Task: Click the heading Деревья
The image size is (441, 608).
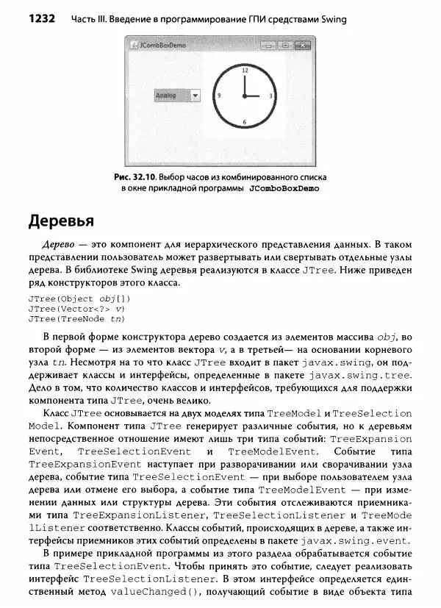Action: pos(64,221)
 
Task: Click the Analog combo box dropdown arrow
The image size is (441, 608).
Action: pos(195,96)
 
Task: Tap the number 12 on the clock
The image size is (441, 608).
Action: pos(244,70)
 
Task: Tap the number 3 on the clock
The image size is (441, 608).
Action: pos(271,96)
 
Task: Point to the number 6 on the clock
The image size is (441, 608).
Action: pos(244,121)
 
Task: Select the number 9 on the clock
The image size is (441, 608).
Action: pos(218,96)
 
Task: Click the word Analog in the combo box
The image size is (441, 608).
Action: pos(167,96)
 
